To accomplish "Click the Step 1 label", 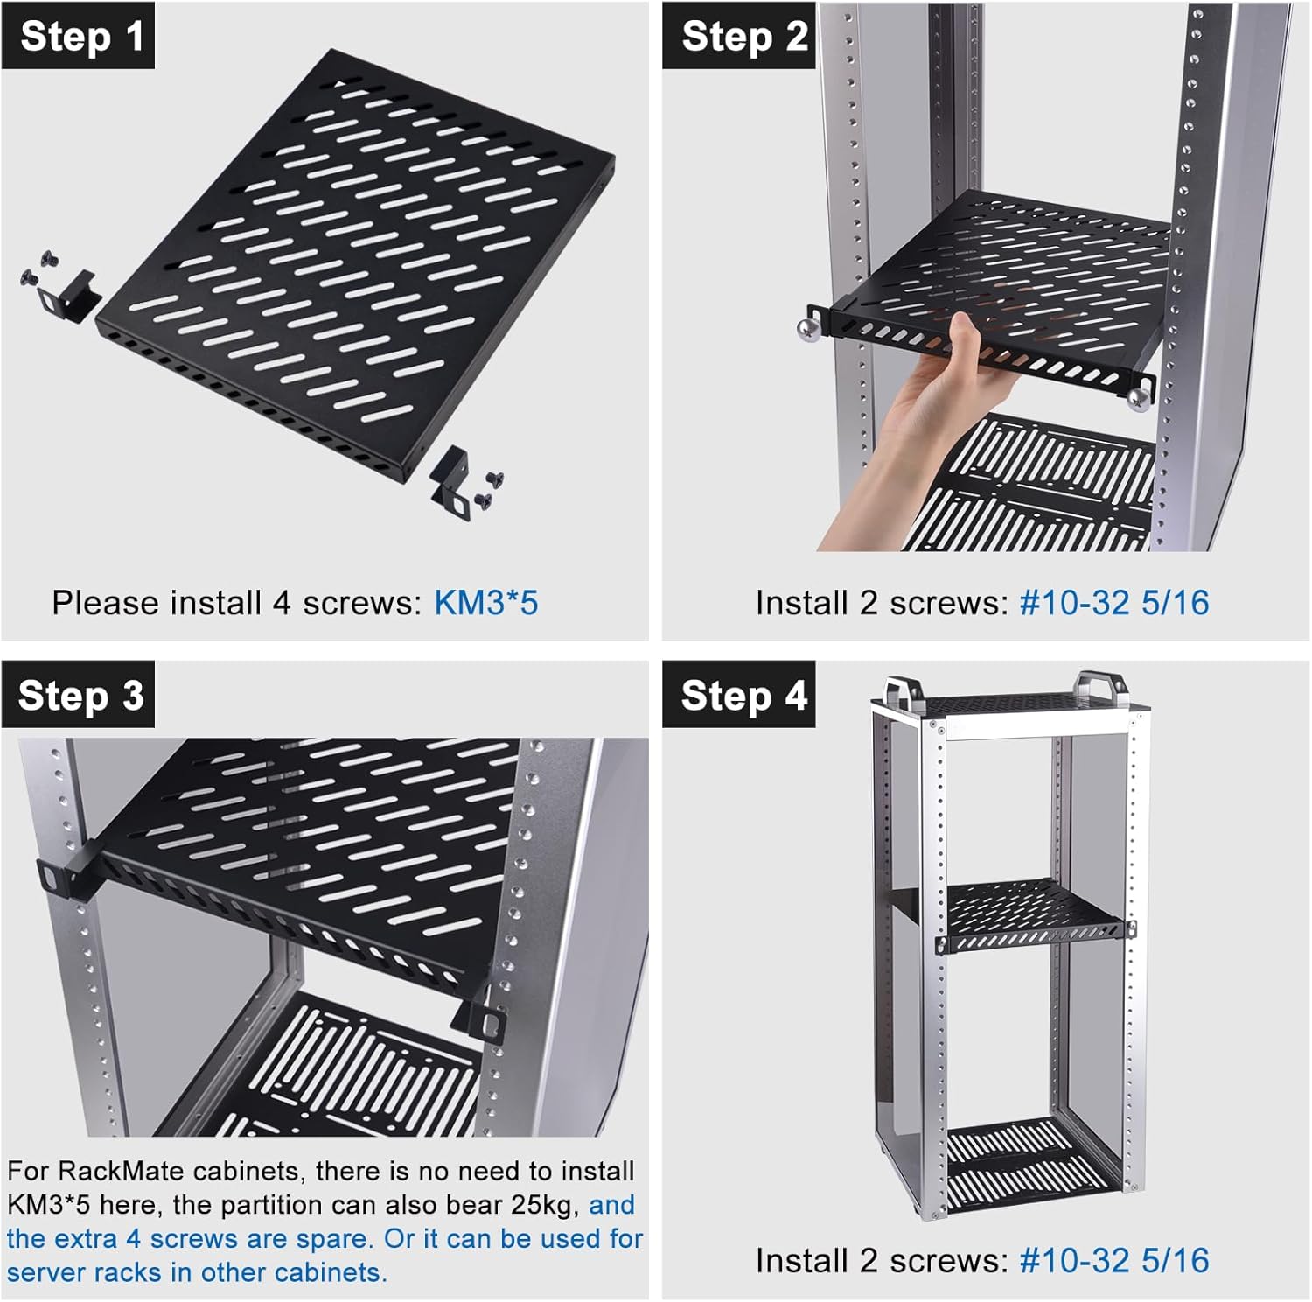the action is [x=79, y=36].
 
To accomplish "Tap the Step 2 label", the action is [x=739, y=36].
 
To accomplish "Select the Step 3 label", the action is [x=79, y=695].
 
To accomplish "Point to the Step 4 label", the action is [x=739, y=695].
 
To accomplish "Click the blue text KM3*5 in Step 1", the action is [x=486, y=603].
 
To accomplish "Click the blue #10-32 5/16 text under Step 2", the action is [x=1114, y=603].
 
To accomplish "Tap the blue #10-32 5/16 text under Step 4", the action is [x=1114, y=1261].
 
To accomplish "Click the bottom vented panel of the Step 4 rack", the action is [x=1032, y=1165].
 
